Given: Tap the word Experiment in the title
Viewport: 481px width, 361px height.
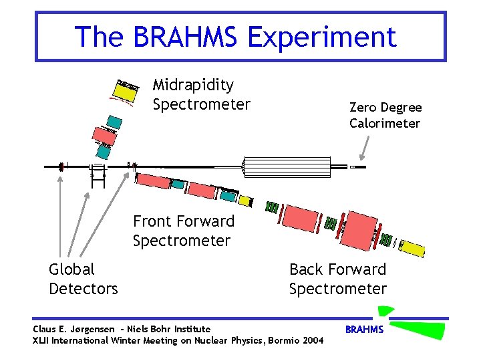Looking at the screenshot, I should coord(322,37).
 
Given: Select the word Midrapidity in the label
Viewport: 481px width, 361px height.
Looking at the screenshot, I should coord(193,85).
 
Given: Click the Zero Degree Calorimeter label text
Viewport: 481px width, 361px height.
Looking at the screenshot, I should coord(385,115).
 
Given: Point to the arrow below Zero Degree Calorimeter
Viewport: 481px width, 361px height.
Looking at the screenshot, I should coord(364,147).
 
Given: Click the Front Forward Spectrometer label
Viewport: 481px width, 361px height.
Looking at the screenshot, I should coord(183,231).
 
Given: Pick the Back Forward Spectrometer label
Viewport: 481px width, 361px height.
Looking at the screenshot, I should coord(337,279).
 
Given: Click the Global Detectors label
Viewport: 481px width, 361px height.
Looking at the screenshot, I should coord(83,279).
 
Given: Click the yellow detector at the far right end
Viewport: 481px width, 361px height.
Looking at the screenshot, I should coord(412,248).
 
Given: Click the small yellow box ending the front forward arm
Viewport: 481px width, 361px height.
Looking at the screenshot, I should coord(246,201).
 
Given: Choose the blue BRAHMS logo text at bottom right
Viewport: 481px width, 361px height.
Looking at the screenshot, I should coord(363,330).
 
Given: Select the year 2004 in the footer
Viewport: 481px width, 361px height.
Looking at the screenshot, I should coord(311,341).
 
